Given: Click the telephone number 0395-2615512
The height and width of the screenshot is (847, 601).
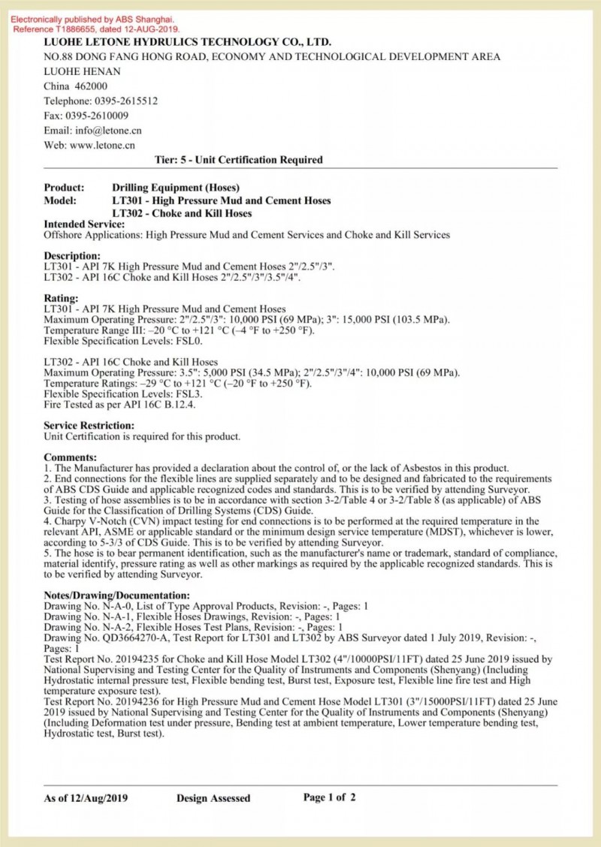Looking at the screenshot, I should pyautogui.click(x=125, y=101).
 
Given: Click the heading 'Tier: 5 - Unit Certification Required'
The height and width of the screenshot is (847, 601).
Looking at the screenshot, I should pyautogui.click(x=238, y=160).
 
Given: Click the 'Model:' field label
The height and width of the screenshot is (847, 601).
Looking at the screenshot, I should pyautogui.click(x=60, y=200).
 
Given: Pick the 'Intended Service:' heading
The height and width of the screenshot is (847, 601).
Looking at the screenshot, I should pyautogui.click(x=84, y=225).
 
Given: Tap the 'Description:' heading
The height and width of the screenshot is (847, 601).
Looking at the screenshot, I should pyautogui.click(x=72, y=256).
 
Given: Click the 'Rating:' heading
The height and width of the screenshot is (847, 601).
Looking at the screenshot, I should pyautogui.click(x=61, y=298).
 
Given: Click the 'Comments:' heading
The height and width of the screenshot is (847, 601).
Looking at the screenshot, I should pyautogui.click(x=70, y=457).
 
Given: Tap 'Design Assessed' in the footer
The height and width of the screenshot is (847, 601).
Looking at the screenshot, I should pyautogui.click(x=213, y=798).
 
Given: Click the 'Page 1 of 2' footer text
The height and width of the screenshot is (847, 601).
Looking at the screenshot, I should pyautogui.click(x=330, y=797).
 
